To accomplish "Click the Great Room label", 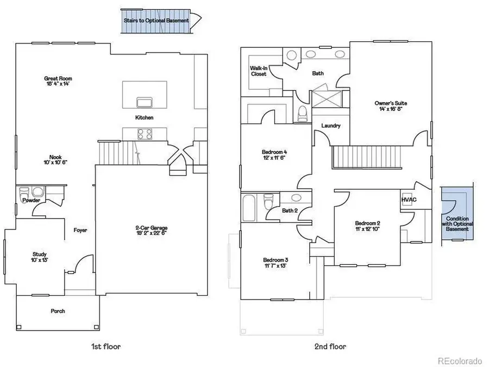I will tap(58, 82).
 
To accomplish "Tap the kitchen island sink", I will tap(144, 103).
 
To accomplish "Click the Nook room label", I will tap(55, 158).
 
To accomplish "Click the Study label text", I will tap(39, 257).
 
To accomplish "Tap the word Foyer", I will tap(80, 231).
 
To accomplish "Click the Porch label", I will tap(58, 311).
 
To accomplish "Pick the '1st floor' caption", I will tap(106, 346).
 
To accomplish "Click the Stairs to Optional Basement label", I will tap(156, 21).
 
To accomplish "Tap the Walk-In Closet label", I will tap(259, 71).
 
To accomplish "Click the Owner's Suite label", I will tap(391, 105).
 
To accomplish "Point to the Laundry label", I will tap(331, 126).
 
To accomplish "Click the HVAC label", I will tap(409, 200).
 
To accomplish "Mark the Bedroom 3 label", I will tap(274, 263).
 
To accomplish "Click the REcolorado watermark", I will tap(460, 360).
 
